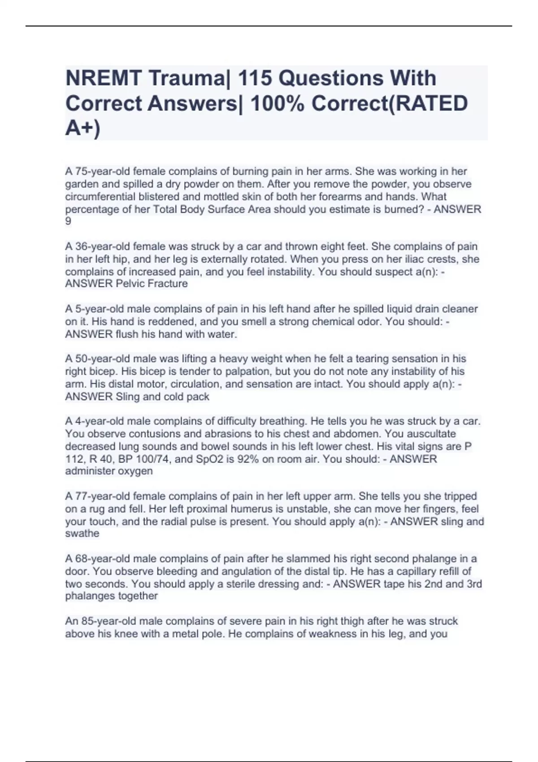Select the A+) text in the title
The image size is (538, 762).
(x=83, y=129)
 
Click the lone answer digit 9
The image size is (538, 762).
(x=68, y=221)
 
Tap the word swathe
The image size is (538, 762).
(x=82, y=533)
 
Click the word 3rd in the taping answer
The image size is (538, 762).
(x=474, y=584)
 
